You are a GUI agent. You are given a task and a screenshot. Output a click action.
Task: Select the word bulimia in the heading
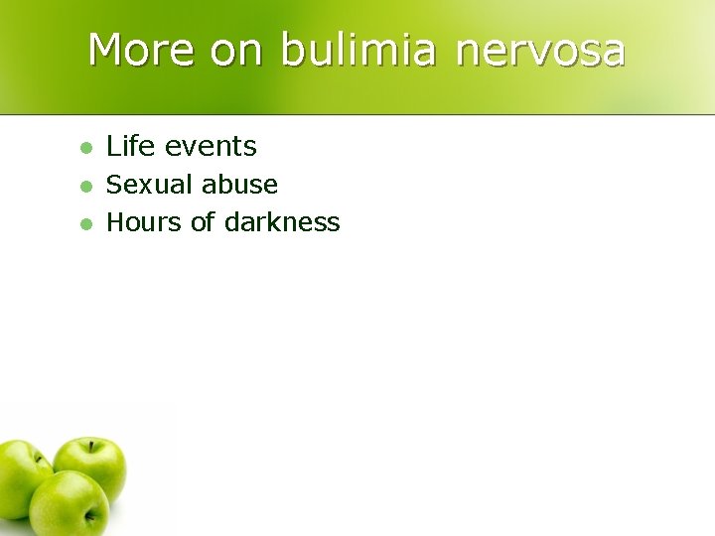coord(358,50)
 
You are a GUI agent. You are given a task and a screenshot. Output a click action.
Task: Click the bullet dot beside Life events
coord(85,148)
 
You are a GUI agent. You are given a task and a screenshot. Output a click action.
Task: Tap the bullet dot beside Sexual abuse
coord(85,186)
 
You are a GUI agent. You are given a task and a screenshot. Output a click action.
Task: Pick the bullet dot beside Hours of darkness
coord(85,223)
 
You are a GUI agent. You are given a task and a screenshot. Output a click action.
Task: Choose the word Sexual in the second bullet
coord(150,185)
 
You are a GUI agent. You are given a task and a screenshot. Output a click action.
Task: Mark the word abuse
coord(239,185)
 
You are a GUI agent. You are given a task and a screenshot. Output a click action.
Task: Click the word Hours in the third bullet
coord(144,222)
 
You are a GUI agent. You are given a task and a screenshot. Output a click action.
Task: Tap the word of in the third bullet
coord(203,222)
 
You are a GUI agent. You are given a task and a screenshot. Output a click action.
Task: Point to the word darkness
coord(282,222)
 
